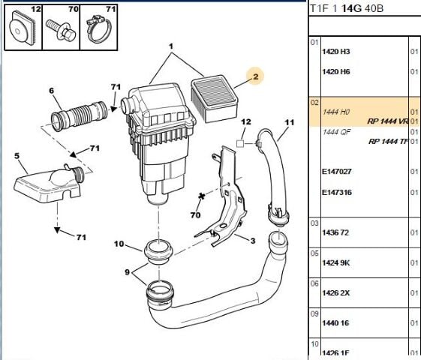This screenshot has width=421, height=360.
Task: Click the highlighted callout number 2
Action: coord(254,76)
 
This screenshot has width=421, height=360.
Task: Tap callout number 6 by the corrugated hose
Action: coord(52,91)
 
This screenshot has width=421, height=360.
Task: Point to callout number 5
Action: coord(17,157)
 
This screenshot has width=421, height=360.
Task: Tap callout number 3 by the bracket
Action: coord(252,240)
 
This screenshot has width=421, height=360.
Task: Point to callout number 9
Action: coord(127,271)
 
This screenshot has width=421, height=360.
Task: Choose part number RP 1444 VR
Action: coord(387,121)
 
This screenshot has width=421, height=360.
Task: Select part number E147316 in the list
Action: coord(336,193)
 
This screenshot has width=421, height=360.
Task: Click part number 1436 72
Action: coord(335,233)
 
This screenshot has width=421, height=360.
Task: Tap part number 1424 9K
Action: coord(335,263)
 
